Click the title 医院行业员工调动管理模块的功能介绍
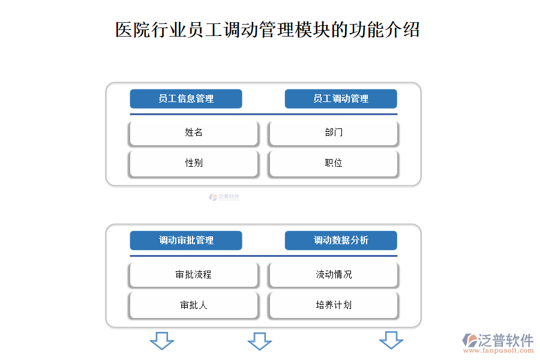(x=268, y=29)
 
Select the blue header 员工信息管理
(x=186, y=99)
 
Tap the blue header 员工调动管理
(x=341, y=99)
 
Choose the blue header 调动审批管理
(x=186, y=241)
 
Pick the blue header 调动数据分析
(x=341, y=241)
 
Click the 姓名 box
(x=194, y=133)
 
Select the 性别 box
(x=194, y=163)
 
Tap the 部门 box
(x=334, y=133)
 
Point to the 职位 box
(x=334, y=163)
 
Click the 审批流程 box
(x=194, y=275)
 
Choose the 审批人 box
(x=194, y=305)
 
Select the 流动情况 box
(x=334, y=275)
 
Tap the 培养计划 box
(x=334, y=305)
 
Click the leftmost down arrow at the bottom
(x=162, y=341)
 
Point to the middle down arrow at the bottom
(x=260, y=341)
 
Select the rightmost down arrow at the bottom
(x=391, y=340)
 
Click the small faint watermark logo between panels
(x=224, y=197)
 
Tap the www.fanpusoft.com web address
(x=499, y=351)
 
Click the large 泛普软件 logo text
(x=506, y=340)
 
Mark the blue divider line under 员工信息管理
(x=263, y=114)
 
